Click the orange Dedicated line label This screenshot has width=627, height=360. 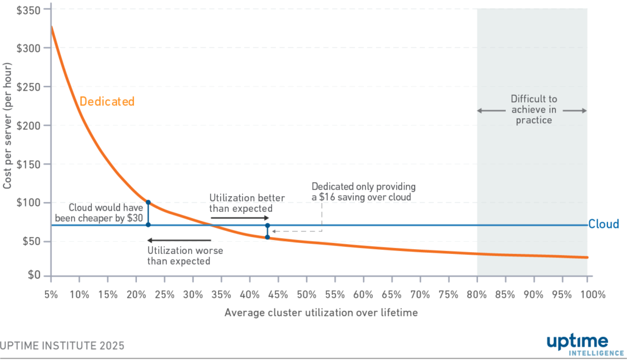tap(107, 102)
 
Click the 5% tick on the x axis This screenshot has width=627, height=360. tap(51, 295)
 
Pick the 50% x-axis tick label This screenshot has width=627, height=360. tap(306, 295)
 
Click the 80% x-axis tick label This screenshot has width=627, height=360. tap(477, 295)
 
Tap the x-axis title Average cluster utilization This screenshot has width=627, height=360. tap(321, 313)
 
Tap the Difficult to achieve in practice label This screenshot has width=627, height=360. tap(533, 110)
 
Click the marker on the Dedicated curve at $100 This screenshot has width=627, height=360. tap(148, 202)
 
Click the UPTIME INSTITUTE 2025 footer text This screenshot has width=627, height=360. tap(62, 345)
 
